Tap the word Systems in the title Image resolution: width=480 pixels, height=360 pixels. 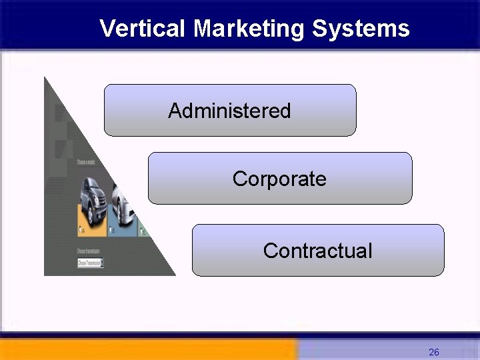coord(360,29)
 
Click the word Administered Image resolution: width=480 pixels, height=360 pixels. coord(229,111)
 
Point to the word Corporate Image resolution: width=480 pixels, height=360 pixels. coord(279,179)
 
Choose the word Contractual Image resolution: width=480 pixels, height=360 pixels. coord(317,251)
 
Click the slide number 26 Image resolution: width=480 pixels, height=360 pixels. coord(434,352)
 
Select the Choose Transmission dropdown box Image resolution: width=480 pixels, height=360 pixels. coord(90,263)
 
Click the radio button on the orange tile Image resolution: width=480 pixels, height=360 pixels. coord(81,231)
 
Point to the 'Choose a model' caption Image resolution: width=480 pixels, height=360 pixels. coord(86,162)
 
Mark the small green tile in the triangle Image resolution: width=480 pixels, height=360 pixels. coord(143,231)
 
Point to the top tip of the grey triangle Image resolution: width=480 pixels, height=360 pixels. coord(45,79)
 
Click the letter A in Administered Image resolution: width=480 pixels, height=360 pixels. coord(174,111)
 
